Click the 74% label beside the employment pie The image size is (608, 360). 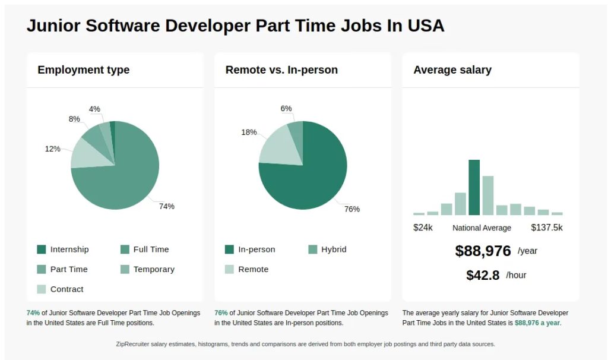(x=166, y=207)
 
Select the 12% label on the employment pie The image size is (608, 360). (x=52, y=149)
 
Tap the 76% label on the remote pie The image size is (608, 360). (x=352, y=209)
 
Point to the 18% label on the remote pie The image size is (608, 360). (x=249, y=132)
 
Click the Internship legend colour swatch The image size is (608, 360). (x=42, y=250)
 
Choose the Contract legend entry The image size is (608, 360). (x=66, y=289)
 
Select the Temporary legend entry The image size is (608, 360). (x=154, y=270)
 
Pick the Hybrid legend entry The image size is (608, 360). (x=334, y=250)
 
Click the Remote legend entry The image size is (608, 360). (x=253, y=270)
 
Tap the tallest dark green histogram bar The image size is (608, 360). (x=474, y=187)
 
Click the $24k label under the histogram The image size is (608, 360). (x=423, y=228)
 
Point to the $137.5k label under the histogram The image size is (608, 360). (x=546, y=228)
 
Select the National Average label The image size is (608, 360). (x=482, y=228)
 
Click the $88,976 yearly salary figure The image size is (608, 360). (x=483, y=251)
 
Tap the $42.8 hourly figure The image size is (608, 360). (x=483, y=276)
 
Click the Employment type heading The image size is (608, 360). (x=84, y=70)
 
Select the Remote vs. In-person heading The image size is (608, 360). (x=281, y=70)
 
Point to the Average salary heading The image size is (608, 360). (x=452, y=70)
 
